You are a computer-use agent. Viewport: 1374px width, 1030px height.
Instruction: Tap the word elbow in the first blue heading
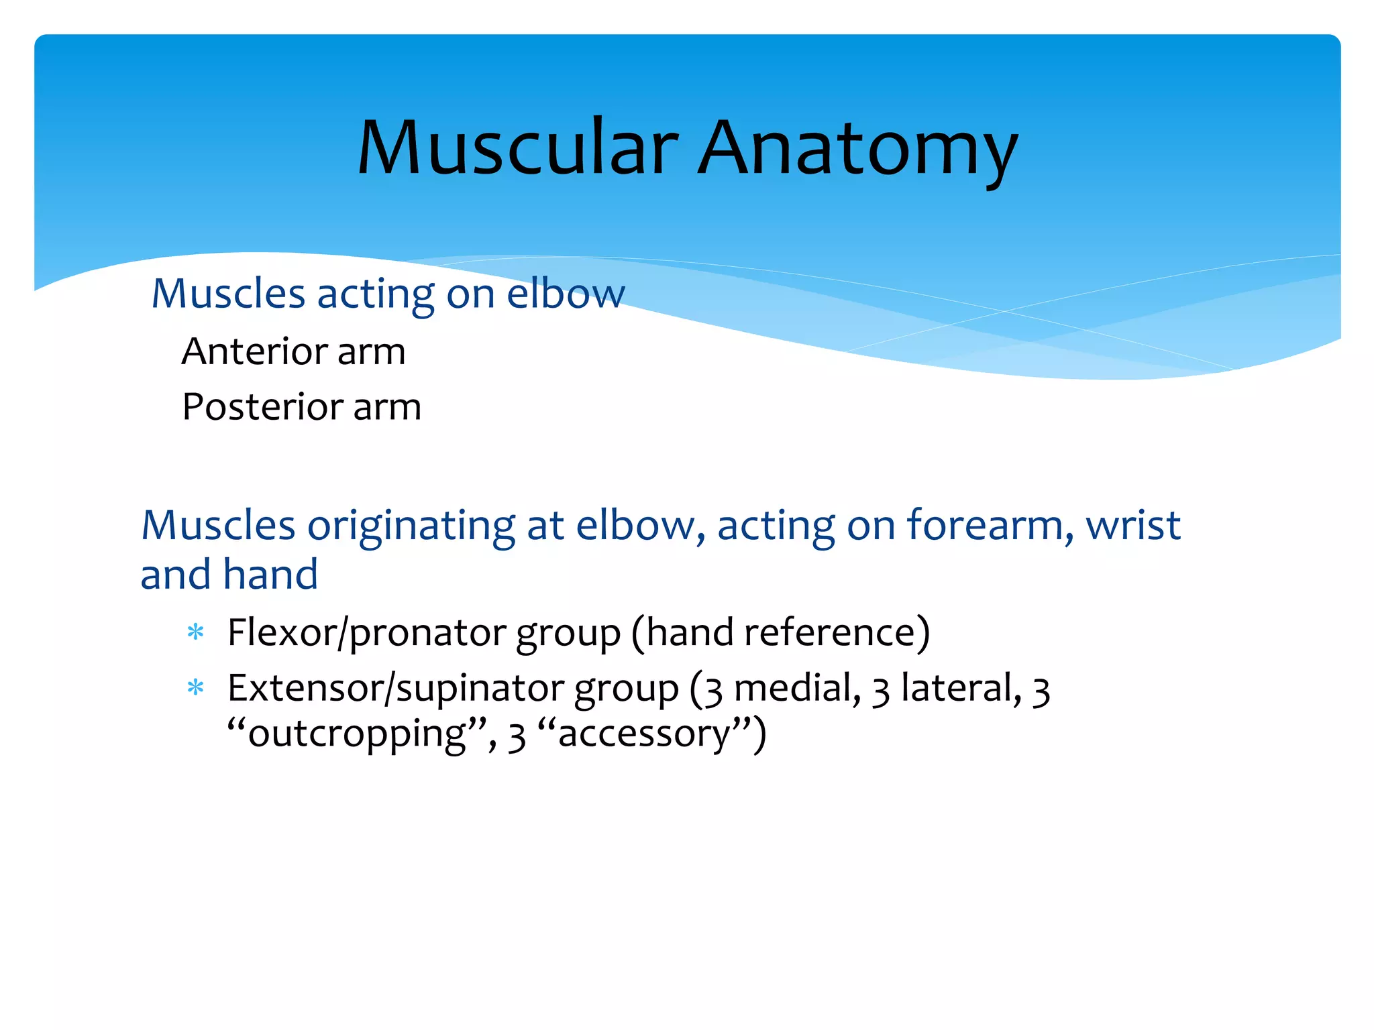[566, 294]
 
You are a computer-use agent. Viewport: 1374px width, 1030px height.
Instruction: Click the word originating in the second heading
[411, 526]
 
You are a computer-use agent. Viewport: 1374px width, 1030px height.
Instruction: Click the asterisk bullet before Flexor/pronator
[195, 632]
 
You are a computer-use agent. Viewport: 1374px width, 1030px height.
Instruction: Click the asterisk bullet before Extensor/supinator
[195, 688]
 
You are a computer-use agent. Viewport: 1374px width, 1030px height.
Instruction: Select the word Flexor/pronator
[367, 633]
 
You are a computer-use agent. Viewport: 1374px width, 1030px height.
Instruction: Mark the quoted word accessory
[643, 734]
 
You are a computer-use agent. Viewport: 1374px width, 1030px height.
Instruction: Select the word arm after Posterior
[387, 407]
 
